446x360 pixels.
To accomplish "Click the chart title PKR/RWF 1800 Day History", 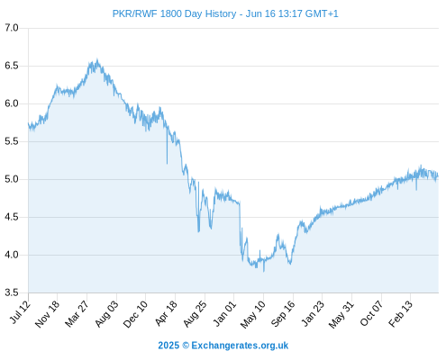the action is point(174,13).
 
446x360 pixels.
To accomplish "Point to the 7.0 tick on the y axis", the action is point(12,28).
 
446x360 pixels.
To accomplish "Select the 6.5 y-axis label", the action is point(12,66).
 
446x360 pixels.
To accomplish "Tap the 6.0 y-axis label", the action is point(12,103).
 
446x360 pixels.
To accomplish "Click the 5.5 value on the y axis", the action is point(12,141).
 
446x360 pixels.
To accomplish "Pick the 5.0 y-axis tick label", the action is point(12,179).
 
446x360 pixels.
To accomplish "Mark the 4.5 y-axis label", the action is point(12,217).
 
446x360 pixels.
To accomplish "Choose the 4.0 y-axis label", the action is point(12,255).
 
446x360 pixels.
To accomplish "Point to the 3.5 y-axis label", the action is point(12,292).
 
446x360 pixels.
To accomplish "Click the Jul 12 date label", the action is point(20,312).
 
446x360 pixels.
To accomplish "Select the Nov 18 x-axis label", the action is point(48,314).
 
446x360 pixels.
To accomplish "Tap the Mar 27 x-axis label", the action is point(77,313).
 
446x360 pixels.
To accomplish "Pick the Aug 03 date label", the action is point(106,314).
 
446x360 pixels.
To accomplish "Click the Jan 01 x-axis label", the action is point(224,313).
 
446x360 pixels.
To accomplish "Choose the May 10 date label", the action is point(253,314).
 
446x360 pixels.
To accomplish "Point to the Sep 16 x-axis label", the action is point(283,314).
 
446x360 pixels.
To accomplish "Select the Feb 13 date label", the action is point(400,313).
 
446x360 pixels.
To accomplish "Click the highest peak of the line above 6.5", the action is point(97,59).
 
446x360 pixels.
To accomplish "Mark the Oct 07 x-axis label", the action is point(371,313).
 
